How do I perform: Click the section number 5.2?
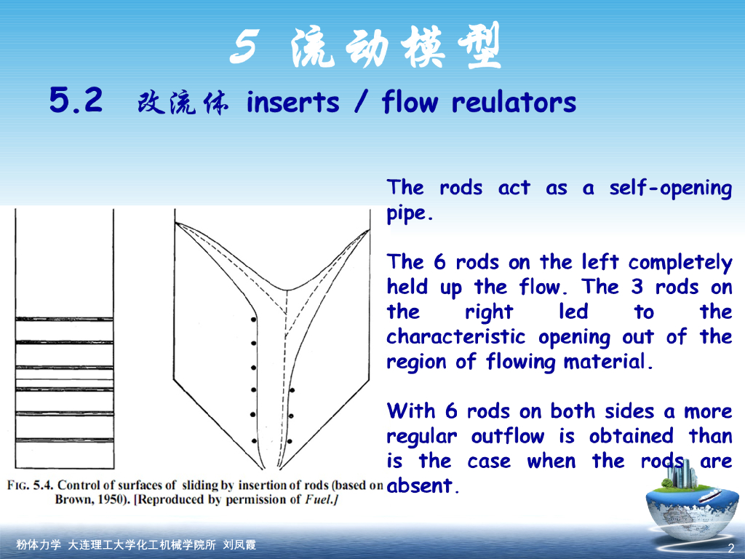click(76, 100)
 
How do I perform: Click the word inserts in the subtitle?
click(292, 103)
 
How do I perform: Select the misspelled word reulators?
click(514, 103)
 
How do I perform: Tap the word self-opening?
click(670, 189)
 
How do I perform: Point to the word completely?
click(680, 263)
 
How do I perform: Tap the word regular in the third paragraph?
click(422, 437)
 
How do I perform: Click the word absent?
click(421, 486)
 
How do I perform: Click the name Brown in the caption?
click(73, 500)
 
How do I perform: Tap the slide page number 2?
click(730, 547)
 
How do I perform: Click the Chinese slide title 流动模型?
click(396, 49)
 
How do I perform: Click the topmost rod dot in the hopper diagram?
click(253, 319)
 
